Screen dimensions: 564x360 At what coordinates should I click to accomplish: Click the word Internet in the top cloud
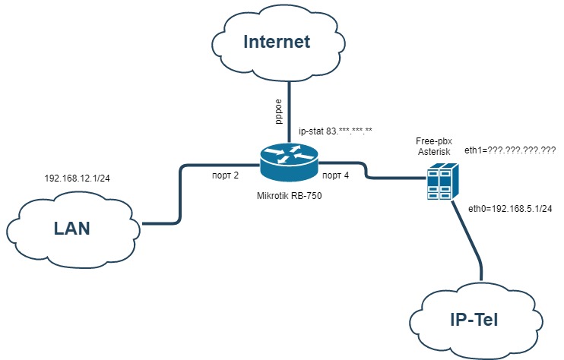pos(277,42)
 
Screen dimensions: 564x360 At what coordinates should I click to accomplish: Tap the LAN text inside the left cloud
pos(72,229)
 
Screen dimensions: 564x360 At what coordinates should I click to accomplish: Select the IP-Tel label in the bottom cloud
pos(474,320)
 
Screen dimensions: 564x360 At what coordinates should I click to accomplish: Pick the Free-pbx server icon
pos(443,181)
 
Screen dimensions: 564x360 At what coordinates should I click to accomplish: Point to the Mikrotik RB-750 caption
pos(289,196)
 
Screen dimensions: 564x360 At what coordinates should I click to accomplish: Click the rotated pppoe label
pos(278,112)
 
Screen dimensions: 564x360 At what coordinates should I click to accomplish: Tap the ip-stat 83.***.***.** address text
pos(336,131)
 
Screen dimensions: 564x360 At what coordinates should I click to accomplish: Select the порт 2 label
pos(225,175)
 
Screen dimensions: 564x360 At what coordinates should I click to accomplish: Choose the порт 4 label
pos(336,175)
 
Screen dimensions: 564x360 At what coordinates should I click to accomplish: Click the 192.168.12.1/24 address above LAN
pos(77,178)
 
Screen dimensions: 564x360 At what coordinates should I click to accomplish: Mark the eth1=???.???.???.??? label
pos(510,150)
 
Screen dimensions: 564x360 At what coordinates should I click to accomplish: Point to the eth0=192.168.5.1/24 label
pos(510,209)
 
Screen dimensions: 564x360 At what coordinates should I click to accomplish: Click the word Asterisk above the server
pos(434,152)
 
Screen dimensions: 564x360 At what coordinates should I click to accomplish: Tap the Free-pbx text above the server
pos(434,141)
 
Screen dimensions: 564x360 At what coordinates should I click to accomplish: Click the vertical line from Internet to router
pos(289,112)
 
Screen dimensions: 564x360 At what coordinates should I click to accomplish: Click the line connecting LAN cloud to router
pos(179,194)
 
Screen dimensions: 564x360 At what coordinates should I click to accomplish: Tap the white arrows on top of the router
pos(289,153)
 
